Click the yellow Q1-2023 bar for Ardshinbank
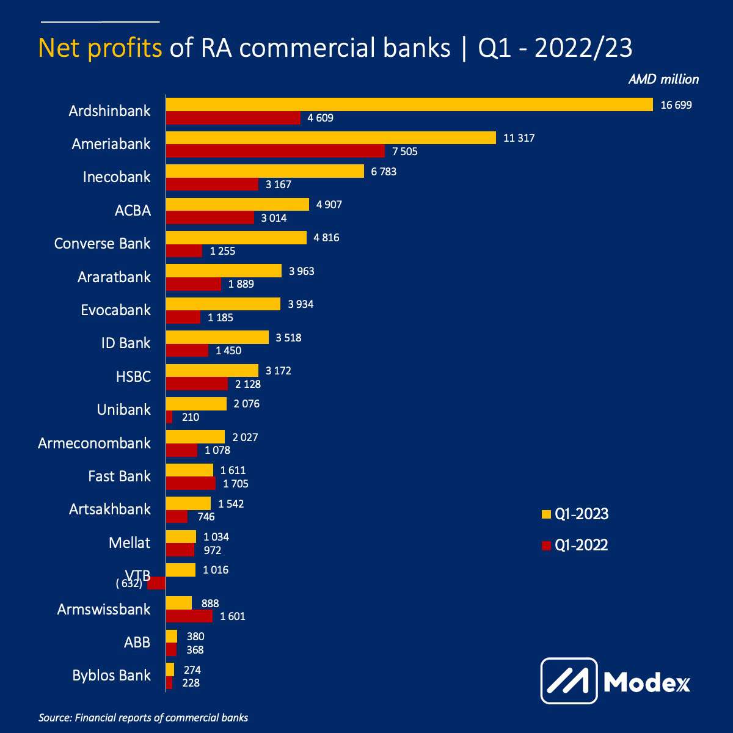click(409, 105)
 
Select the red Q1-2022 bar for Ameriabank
click(275, 151)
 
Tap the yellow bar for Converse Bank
click(236, 238)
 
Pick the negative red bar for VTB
click(157, 583)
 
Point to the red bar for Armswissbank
click(189, 616)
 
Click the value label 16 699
click(676, 105)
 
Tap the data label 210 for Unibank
click(191, 417)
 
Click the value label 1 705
click(236, 484)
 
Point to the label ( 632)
click(129, 583)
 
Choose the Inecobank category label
click(117, 177)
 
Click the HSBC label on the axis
click(133, 376)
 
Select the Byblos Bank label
click(111, 676)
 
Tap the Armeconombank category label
click(94, 443)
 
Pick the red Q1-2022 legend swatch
click(546, 545)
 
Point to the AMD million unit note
click(663, 79)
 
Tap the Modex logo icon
click(569, 680)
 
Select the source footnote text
click(144, 718)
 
